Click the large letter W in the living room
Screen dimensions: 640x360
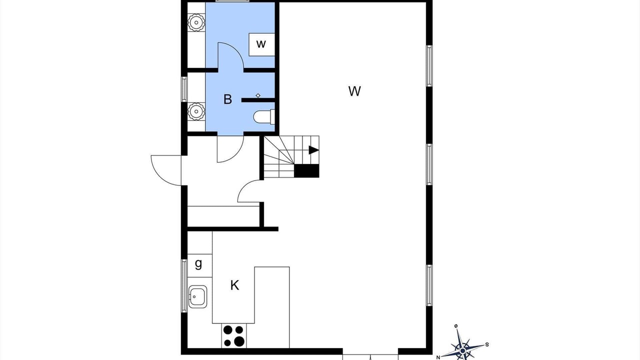pyautogui.click(x=354, y=91)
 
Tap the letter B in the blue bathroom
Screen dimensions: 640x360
pyautogui.click(x=227, y=99)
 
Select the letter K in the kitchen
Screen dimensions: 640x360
pyautogui.click(x=234, y=285)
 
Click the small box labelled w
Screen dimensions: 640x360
pyautogui.click(x=261, y=44)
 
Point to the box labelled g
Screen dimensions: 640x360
pyautogui.click(x=199, y=265)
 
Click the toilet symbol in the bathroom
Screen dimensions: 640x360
pyautogui.click(x=264, y=117)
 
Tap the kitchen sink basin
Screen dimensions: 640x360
pyautogui.click(x=197, y=296)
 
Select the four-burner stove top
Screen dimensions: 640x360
pyautogui.click(x=233, y=335)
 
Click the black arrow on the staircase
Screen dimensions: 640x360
pyautogui.click(x=313, y=150)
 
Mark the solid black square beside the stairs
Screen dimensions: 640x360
pyautogui.click(x=306, y=171)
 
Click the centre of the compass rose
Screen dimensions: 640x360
pyautogui.click(x=462, y=350)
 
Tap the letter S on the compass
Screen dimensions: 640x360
pyautogui.click(x=487, y=344)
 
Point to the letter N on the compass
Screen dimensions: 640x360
pyautogui.click(x=438, y=357)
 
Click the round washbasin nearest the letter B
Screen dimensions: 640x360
pyautogui.click(x=196, y=110)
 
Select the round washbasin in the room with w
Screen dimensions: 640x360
pyautogui.click(x=196, y=22)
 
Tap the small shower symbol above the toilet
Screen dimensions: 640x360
pyautogui.click(x=258, y=95)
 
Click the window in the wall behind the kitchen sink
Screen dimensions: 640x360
pyautogui.click(x=184, y=285)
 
